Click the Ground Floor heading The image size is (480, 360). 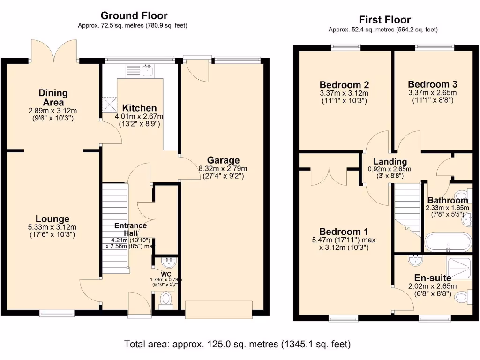click(134, 15)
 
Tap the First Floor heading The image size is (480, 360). click(384, 20)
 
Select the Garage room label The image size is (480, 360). click(223, 160)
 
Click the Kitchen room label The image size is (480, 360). click(139, 108)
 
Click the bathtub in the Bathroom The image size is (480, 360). click(448, 242)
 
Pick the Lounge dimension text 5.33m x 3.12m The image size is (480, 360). click(52, 227)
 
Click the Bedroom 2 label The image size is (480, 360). click(344, 85)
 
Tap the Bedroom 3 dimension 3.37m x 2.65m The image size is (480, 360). click(432, 93)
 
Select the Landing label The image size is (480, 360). click(390, 161)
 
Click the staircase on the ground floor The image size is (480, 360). click(115, 228)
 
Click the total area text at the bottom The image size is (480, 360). click(238, 344)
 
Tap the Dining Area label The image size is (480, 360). click(53, 97)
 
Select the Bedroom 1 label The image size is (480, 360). click(344, 232)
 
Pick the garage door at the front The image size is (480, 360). click(219, 309)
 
